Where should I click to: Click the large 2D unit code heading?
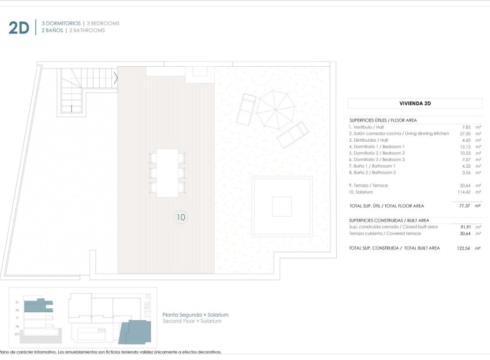pos(18,27)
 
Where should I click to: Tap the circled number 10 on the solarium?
pos(181,217)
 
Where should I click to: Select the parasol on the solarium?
pos(275,109)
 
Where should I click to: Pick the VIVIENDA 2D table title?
pos(415,104)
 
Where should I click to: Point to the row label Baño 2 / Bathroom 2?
pos(372,172)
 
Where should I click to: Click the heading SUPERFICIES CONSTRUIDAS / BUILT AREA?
pos(389,220)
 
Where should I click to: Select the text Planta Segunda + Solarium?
pos(196,314)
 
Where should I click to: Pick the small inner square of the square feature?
pos(282,206)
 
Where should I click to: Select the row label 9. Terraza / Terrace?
pos(369,185)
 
